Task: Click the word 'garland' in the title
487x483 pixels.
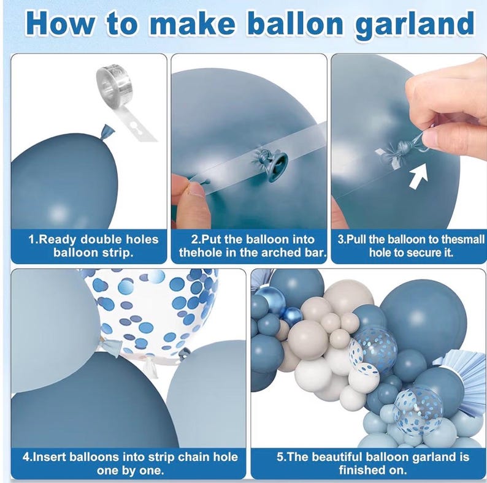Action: [415, 25]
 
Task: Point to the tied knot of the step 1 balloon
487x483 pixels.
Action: [107, 132]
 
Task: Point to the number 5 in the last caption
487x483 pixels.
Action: [280, 457]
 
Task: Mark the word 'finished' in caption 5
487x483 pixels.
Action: [362, 470]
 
